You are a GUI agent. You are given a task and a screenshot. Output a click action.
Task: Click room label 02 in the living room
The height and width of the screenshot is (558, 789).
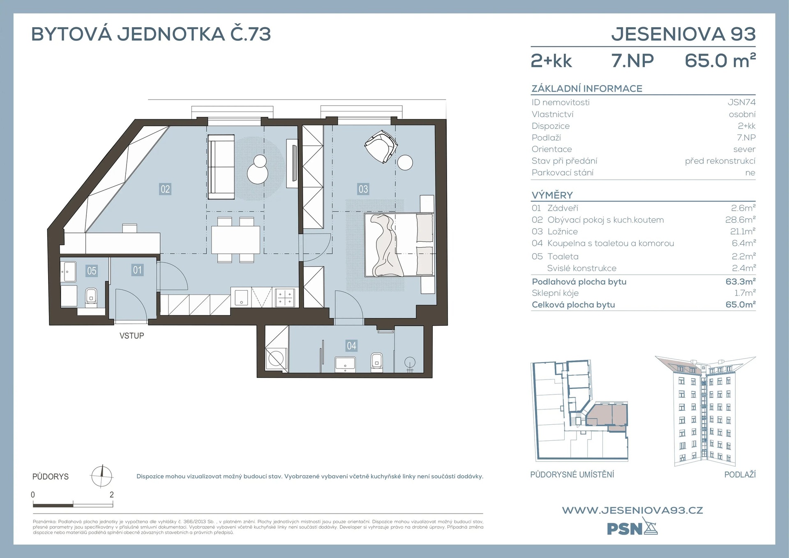coord(165,189)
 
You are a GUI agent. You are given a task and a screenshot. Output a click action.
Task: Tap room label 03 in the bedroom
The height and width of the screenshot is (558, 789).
coord(363,189)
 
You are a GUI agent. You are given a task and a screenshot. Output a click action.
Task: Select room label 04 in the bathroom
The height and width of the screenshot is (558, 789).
coord(351,346)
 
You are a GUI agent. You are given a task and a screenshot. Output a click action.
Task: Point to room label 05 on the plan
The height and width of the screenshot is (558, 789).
coord(92,271)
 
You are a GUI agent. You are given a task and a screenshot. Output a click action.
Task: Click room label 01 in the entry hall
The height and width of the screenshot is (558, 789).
coord(137,270)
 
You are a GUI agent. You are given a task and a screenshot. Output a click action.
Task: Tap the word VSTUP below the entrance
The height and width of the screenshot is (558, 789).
coord(132,336)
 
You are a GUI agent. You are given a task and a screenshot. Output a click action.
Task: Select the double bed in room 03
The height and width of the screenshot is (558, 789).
coord(399,245)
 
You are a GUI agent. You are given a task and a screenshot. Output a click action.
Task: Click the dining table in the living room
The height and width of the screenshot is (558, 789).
coord(235,240)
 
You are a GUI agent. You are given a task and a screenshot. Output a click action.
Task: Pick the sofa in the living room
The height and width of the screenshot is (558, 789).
coord(221,167)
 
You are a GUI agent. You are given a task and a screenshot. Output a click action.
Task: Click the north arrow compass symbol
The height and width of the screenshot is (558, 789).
coord(102,476)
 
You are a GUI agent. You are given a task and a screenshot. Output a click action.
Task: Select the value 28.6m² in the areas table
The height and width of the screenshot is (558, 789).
coord(740,220)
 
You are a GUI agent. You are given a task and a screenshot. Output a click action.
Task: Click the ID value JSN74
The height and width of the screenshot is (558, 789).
coord(742,102)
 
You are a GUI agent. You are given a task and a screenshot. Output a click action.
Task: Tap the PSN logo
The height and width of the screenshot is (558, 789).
coord(632,528)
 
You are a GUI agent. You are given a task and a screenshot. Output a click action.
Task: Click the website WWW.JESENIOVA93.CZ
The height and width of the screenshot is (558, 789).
coord(632,510)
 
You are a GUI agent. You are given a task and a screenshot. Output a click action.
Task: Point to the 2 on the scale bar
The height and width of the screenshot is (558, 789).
coord(112,495)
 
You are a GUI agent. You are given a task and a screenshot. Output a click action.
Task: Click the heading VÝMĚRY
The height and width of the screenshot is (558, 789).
coord(552,195)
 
